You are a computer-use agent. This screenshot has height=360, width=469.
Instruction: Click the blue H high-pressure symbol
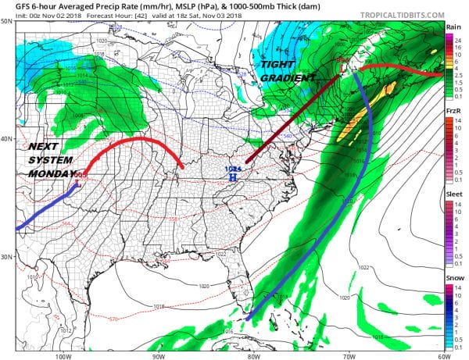point(231,177)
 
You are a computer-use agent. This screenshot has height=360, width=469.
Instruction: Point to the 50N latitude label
point(7,22)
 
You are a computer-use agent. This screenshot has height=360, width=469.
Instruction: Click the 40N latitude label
point(7,139)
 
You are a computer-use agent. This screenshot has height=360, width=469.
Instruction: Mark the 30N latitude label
point(7,257)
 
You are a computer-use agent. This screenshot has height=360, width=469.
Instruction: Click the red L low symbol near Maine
point(342,60)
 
